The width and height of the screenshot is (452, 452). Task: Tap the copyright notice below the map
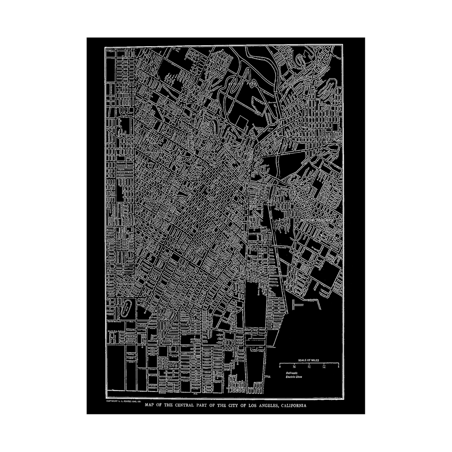123,401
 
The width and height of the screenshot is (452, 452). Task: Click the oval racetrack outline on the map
127,310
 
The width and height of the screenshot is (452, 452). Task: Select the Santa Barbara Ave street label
117,332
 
